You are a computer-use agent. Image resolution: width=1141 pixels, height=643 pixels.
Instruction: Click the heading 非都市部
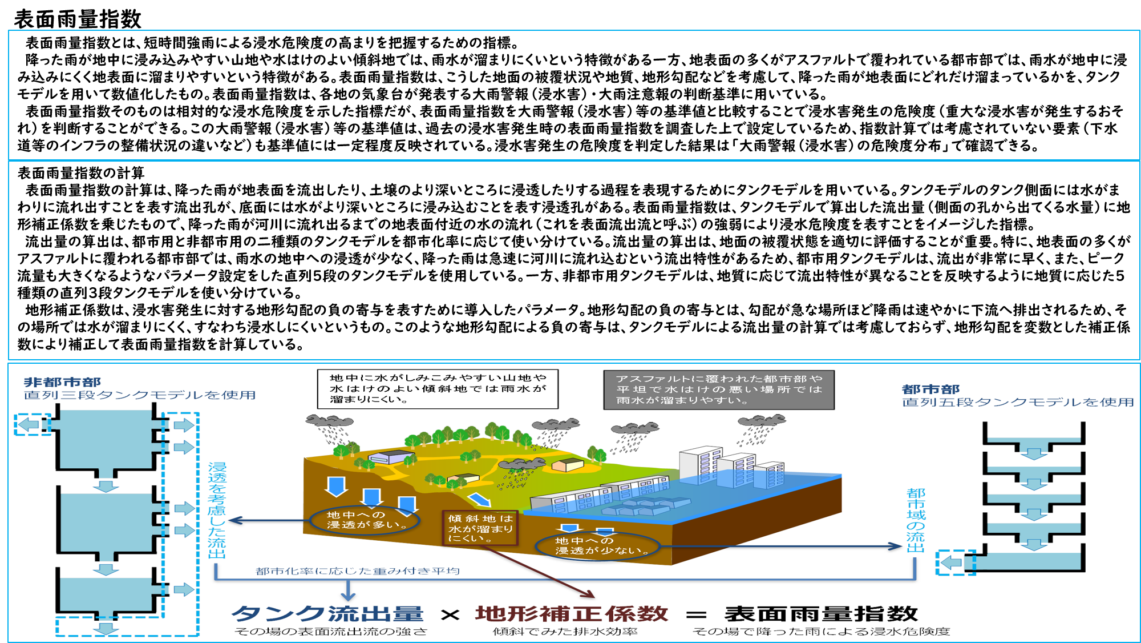pyautogui.click(x=62, y=382)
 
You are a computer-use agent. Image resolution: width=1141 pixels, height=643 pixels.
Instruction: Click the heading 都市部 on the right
pyautogui.click(x=930, y=389)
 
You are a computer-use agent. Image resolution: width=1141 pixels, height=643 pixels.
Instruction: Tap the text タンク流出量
pyautogui.click(x=327, y=613)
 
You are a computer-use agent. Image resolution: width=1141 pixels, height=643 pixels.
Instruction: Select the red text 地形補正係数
pyautogui.click(x=571, y=613)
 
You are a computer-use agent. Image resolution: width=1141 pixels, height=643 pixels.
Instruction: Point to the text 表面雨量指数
pyautogui.click(x=821, y=613)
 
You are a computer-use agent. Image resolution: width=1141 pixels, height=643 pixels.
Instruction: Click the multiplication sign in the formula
pyautogui.click(x=450, y=615)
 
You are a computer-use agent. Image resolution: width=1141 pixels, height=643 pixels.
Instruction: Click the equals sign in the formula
pyautogui.click(x=696, y=615)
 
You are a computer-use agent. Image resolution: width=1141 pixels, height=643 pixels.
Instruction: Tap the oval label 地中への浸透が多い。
pyautogui.click(x=365, y=520)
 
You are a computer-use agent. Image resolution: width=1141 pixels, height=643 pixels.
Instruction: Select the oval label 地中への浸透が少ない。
pyautogui.click(x=597, y=546)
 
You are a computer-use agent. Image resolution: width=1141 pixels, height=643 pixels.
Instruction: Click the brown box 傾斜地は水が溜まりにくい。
pyautogui.click(x=480, y=528)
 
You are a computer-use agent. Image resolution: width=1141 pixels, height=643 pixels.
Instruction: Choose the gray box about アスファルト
pyautogui.click(x=719, y=389)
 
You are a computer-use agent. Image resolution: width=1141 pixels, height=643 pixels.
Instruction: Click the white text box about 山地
pyautogui.click(x=438, y=389)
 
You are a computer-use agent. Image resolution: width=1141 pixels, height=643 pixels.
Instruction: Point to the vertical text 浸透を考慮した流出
pyautogui.click(x=217, y=510)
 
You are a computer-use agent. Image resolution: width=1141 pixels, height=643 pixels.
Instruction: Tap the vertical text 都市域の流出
pyautogui.click(x=916, y=520)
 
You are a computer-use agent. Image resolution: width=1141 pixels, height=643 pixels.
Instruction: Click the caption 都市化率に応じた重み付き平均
pyautogui.click(x=358, y=571)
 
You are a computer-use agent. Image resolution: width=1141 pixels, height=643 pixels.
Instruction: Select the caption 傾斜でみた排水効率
pyautogui.click(x=565, y=632)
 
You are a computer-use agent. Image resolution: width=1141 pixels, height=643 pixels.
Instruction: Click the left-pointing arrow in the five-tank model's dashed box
pyautogui.click(x=951, y=563)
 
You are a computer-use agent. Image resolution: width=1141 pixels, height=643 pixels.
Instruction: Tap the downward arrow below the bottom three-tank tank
pyautogui.click(x=106, y=628)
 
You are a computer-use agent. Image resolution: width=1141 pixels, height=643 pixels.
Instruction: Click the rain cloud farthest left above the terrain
pyautogui.click(x=329, y=421)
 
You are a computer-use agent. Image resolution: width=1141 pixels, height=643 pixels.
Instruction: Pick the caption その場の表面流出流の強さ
pyautogui.click(x=331, y=632)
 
